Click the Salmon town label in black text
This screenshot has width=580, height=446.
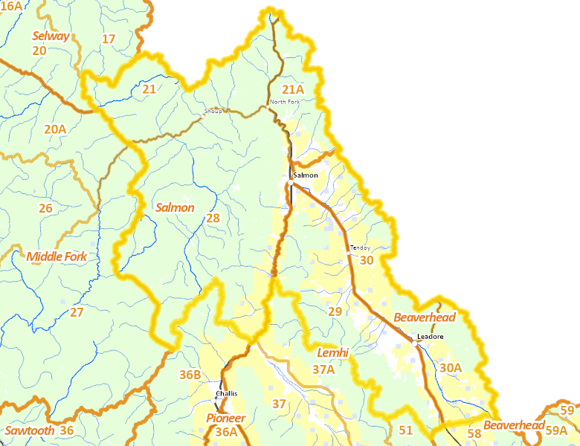[x=306, y=175]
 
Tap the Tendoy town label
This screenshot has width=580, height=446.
[x=360, y=248]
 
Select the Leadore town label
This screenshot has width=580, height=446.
[x=430, y=337]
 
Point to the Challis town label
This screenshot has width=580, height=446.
[x=226, y=393]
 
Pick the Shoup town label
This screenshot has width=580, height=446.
[x=213, y=111]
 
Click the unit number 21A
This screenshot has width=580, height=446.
[x=292, y=89]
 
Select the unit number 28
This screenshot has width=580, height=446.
[x=213, y=218]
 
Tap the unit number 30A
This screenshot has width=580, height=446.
[x=451, y=367]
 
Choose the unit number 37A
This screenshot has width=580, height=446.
[x=323, y=369]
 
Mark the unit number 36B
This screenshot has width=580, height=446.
[x=190, y=374]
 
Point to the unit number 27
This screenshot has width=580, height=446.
[x=77, y=312]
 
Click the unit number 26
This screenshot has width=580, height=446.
[x=45, y=208]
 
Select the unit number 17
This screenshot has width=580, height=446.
[x=109, y=39]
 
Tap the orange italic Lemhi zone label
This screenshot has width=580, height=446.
[x=333, y=352]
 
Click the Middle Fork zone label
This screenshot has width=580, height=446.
[x=57, y=257]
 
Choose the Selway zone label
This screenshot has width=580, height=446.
[x=51, y=36]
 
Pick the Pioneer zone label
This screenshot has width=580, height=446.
[x=225, y=418]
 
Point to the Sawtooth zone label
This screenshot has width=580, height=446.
[x=29, y=430]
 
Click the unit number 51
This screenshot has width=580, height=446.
[x=405, y=430]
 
